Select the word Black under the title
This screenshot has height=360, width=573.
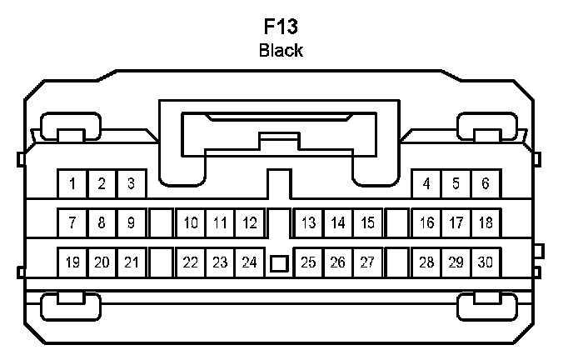pos(281,50)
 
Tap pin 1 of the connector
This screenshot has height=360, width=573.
pos(72,183)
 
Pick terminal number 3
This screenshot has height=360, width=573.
pos(131,183)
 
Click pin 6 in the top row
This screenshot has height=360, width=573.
pos(485,183)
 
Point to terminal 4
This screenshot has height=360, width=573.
pos(426,183)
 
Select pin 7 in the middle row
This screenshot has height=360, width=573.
pos(72,222)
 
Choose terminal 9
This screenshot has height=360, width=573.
pos(131,222)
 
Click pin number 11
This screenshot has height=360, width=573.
pos(220,222)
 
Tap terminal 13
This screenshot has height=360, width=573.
pos(308,222)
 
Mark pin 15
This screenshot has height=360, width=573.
pos(366,222)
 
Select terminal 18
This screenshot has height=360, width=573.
pos(485,222)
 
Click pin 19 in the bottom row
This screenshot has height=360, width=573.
pos(72,262)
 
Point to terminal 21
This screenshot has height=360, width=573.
pos(131,262)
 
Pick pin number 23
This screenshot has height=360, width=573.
pos(220,262)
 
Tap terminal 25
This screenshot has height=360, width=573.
pos(308,262)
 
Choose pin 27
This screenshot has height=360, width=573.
pos(366,262)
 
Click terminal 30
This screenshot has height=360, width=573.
pos(485,262)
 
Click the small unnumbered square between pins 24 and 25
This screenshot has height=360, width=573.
pos(279,264)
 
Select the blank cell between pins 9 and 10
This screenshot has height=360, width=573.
pos(161,222)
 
